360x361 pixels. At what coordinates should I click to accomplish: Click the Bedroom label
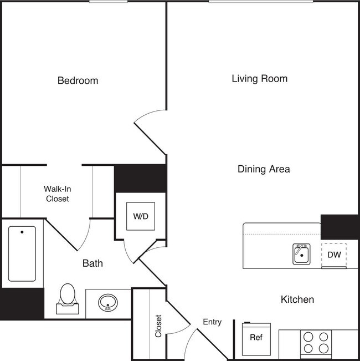[x=78, y=80]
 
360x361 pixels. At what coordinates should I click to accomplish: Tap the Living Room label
[x=259, y=78]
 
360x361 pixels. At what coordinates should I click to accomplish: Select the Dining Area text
[x=264, y=169]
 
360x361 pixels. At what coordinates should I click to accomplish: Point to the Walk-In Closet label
[x=56, y=193]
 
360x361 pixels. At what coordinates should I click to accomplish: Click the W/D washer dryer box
[x=141, y=216]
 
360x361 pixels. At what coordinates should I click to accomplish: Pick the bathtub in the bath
[x=22, y=253]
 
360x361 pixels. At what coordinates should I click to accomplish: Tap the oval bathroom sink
[x=108, y=303]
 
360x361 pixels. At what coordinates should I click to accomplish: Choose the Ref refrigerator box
[x=256, y=337]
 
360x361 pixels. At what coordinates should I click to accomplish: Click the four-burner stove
[x=316, y=343]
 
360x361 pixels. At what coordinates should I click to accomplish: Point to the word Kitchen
[x=297, y=299]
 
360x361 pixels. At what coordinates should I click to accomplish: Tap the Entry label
[x=212, y=322]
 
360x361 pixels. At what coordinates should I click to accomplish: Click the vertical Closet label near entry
[x=158, y=327]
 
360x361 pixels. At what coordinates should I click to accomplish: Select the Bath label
[x=92, y=263]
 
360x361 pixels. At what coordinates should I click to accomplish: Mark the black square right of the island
[x=339, y=226]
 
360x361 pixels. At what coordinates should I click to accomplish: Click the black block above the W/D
[x=140, y=178]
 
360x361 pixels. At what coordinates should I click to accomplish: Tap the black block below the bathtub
[x=22, y=303]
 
